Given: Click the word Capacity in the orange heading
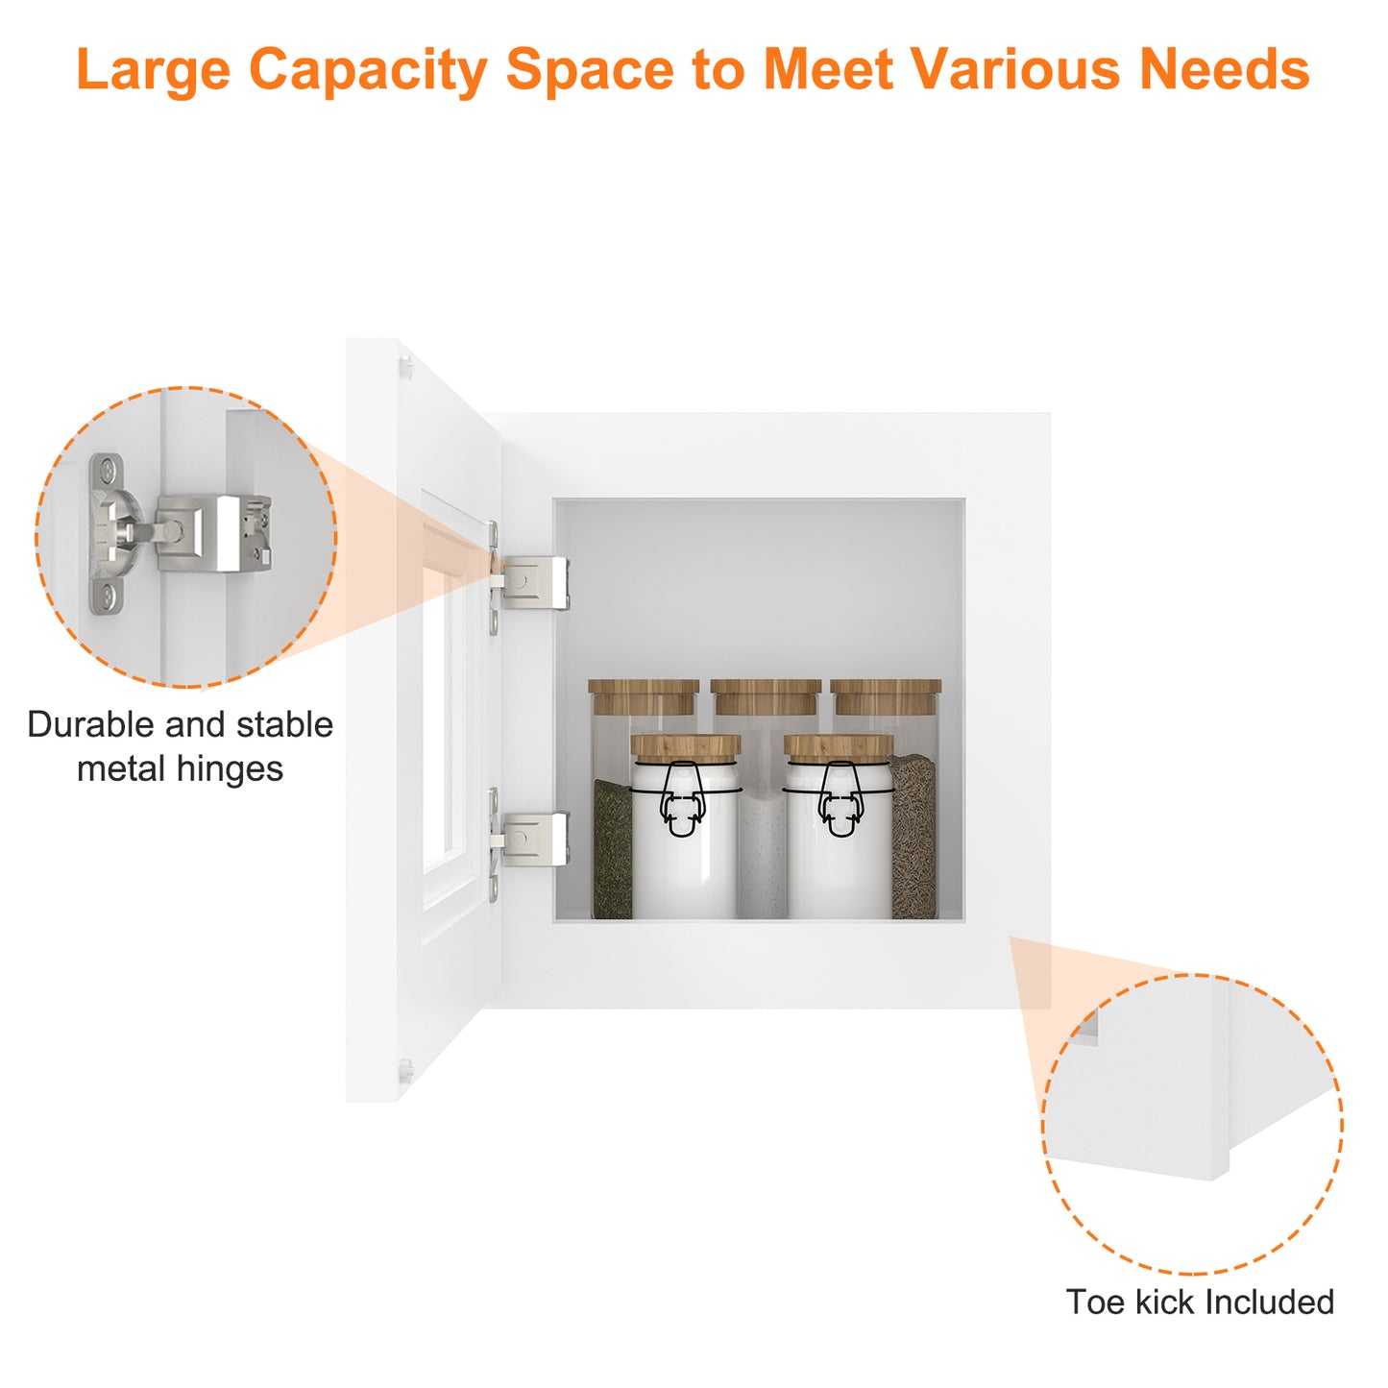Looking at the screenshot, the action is click(368, 71).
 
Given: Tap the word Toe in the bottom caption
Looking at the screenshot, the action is click(1096, 1303).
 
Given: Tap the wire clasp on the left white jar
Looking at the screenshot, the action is click(681, 799).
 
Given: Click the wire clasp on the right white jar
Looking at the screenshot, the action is click(840, 799).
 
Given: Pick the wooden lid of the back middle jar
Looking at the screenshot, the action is click(766, 695).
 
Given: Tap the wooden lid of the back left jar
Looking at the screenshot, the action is click(644, 695).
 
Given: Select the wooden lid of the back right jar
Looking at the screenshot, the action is click(886, 695).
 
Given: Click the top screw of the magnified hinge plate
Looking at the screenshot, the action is click(108, 471).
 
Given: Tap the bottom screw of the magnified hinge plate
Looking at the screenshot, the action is click(108, 595).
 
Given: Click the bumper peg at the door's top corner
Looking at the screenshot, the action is click(406, 367).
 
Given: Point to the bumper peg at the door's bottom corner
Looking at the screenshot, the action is click(406, 1068).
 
